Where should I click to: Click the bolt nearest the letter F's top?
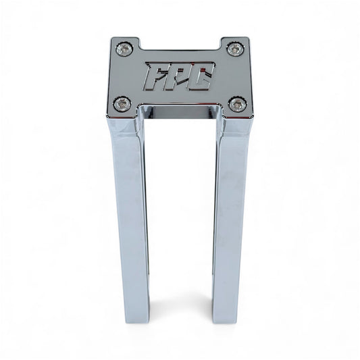125,49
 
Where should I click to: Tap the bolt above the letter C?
234,49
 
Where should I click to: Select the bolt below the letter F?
122,103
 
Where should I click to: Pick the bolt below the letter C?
237,104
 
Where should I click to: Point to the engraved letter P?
179,76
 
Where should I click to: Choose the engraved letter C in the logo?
202,76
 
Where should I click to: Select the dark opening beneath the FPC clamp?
180,113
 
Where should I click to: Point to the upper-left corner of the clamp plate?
113,38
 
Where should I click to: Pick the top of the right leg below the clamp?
234,125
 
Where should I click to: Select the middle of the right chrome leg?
230,216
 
